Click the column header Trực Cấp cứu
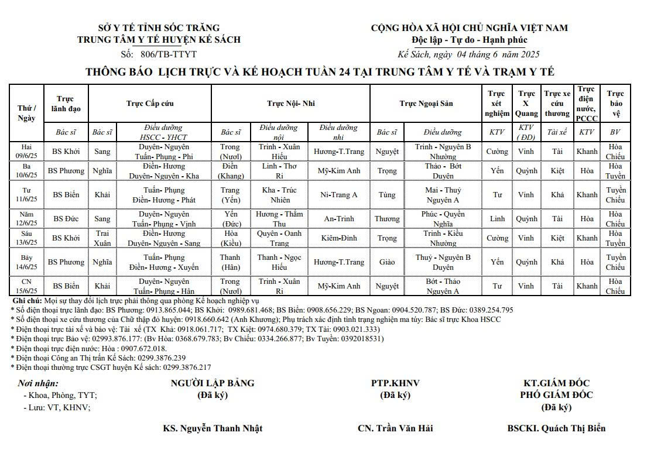point(150,104)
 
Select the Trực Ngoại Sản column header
point(426,104)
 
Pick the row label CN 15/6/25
point(27,286)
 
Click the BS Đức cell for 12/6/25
point(66,219)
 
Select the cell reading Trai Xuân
point(102,238)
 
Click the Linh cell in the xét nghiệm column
point(497,219)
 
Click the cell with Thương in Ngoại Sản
point(386,219)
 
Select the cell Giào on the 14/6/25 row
point(386,262)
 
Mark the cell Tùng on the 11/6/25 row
point(386,195)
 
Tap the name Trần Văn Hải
point(404,428)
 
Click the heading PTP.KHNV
point(395,383)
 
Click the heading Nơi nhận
point(39,384)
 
